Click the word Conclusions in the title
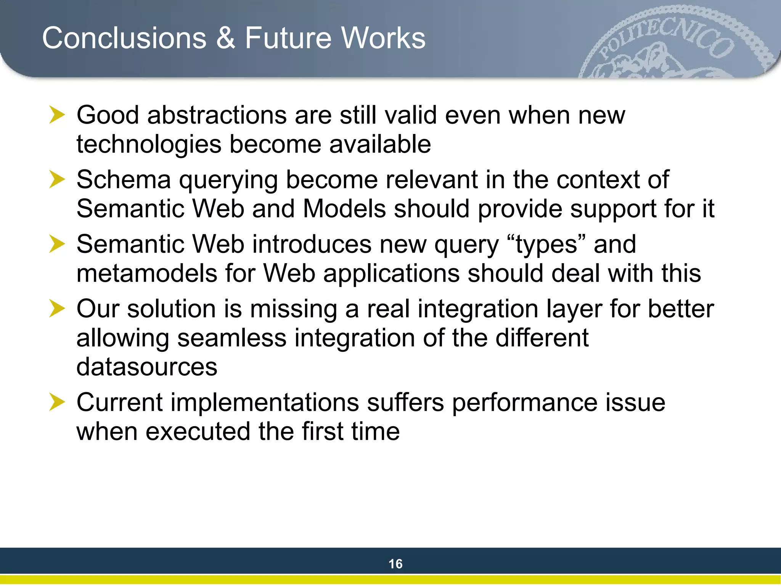[x=124, y=38]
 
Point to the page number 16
[x=395, y=564]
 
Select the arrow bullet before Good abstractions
[x=57, y=115]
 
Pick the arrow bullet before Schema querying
[x=57, y=180]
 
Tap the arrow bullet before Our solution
[x=57, y=309]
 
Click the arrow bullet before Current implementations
[x=57, y=402]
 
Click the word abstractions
[x=217, y=115]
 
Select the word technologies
[x=149, y=145]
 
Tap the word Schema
[x=124, y=180]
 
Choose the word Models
[x=344, y=209]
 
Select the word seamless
[x=232, y=338]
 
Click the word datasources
[x=147, y=367]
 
